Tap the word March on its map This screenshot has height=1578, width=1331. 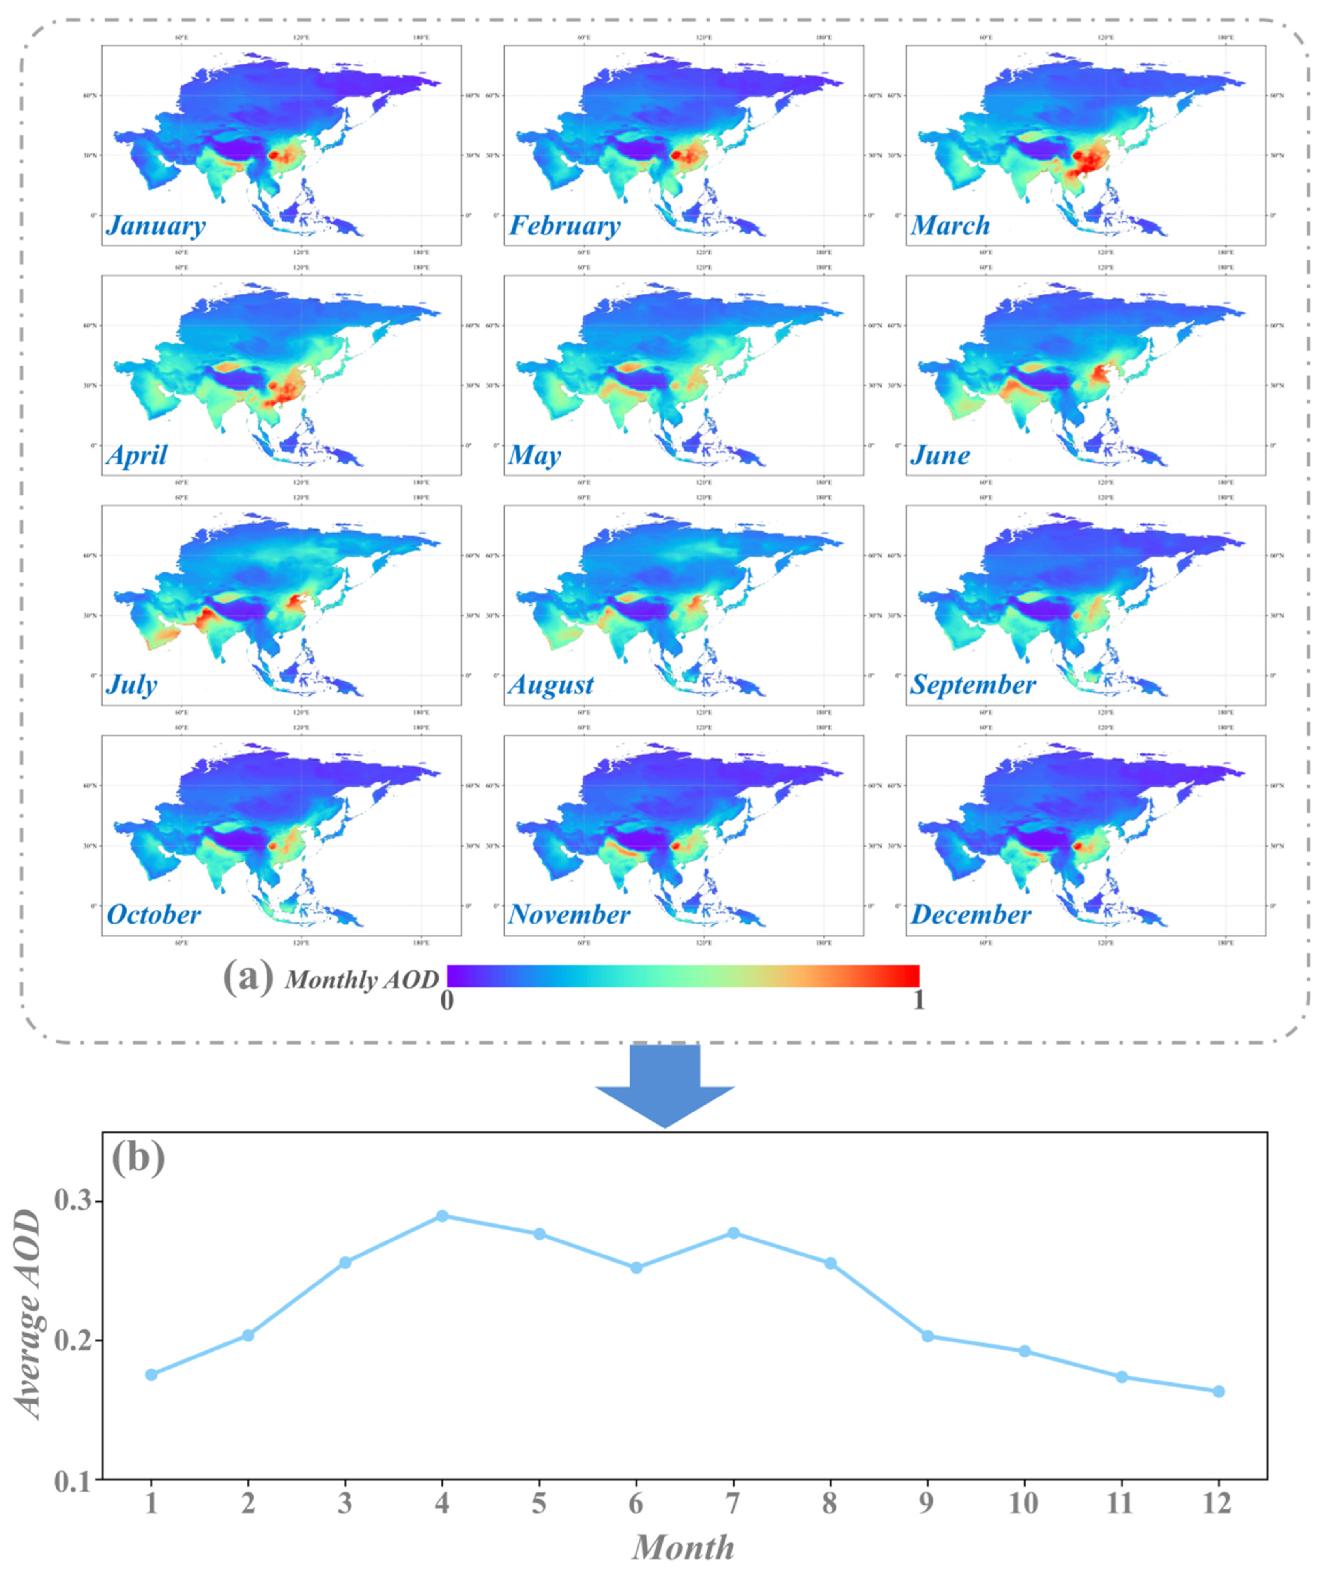(950, 226)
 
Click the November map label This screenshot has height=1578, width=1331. (569, 915)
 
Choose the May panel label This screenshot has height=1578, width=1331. (534, 455)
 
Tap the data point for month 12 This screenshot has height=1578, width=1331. (1219, 1391)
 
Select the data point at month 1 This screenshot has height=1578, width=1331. (151, 1374)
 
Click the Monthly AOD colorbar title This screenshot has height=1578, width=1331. (361, 980)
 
